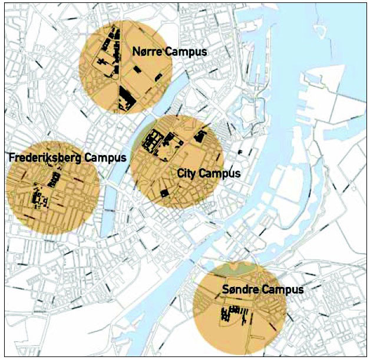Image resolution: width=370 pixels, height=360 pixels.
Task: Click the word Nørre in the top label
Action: coord(148,52)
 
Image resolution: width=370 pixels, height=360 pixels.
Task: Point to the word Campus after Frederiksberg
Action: coord(105,158)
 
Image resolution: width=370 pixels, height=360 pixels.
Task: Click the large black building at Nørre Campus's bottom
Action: coord(126,99)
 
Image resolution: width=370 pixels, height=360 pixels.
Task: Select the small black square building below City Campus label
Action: coord(164,193)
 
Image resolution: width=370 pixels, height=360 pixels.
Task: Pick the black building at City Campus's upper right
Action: coord(200,137)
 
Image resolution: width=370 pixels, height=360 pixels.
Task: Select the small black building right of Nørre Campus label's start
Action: coord(138,70)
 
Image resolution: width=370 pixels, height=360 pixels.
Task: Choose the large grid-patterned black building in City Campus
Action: coord(154,143)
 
